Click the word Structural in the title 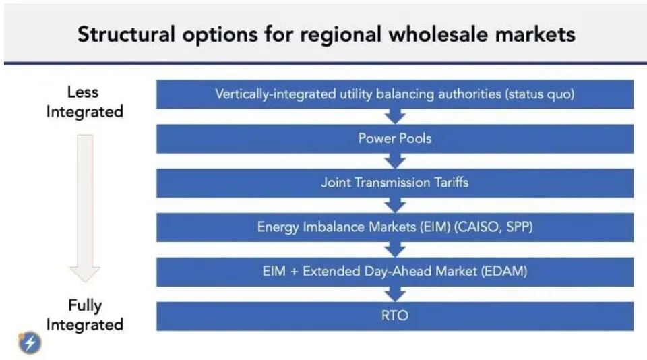pyautogui.click(x=126, y=34)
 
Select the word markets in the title pyautogui.click(x=535, y=34)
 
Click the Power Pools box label pyautogui.click(x=395, y=138)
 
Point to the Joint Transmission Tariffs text pyautogui.click(x=395, y=183)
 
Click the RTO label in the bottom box pyautogui.click(x=395, y=316)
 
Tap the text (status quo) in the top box pyautogui.click(x=539, y=94)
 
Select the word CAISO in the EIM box pyautogui.click(x=476, y=227)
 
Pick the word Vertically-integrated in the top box pyautogui.click(x=276, y=94)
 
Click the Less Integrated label pyautogui.click(x=85, y=102)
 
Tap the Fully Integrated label pyautogui.click(x=85, y=315)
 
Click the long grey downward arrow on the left pyautogui.click(x=85, y=208)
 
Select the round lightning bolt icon pyautogui.click(x=30, y=342)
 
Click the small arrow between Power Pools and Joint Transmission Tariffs pyautogui.click(x=395, y=160)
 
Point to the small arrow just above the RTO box pyautogui.click(x=395, y=294)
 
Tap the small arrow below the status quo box pyautogui.click(x=395, y=116)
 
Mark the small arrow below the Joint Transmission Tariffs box pyautogui.click(x=395, y=205)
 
